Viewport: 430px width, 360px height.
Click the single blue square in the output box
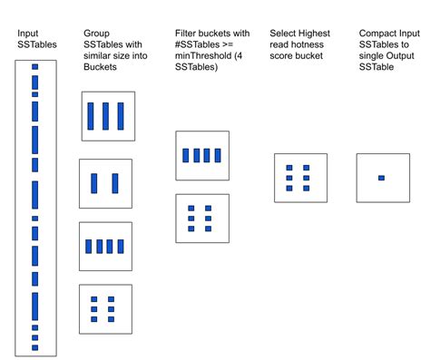[x=381, y=178]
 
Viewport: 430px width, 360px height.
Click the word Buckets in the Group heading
[x=101, y=67]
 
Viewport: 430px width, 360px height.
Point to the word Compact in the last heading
[x=379, y=34]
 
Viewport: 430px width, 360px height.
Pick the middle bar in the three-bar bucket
[x=106, y=116]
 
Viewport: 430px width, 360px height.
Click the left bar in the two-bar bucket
[x=94, y=184]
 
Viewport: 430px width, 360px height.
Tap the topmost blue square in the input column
[x=35, y=66]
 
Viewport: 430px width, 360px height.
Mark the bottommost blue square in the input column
[x=35, y=347]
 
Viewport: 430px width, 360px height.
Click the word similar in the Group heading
[x=97, y=56]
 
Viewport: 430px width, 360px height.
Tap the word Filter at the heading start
[x=186, y=34]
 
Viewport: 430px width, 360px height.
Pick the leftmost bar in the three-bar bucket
[x=91, y=116]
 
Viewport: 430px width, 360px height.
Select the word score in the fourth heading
[x=283, y=56]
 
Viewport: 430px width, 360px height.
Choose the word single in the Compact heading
[x=376, y=56]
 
